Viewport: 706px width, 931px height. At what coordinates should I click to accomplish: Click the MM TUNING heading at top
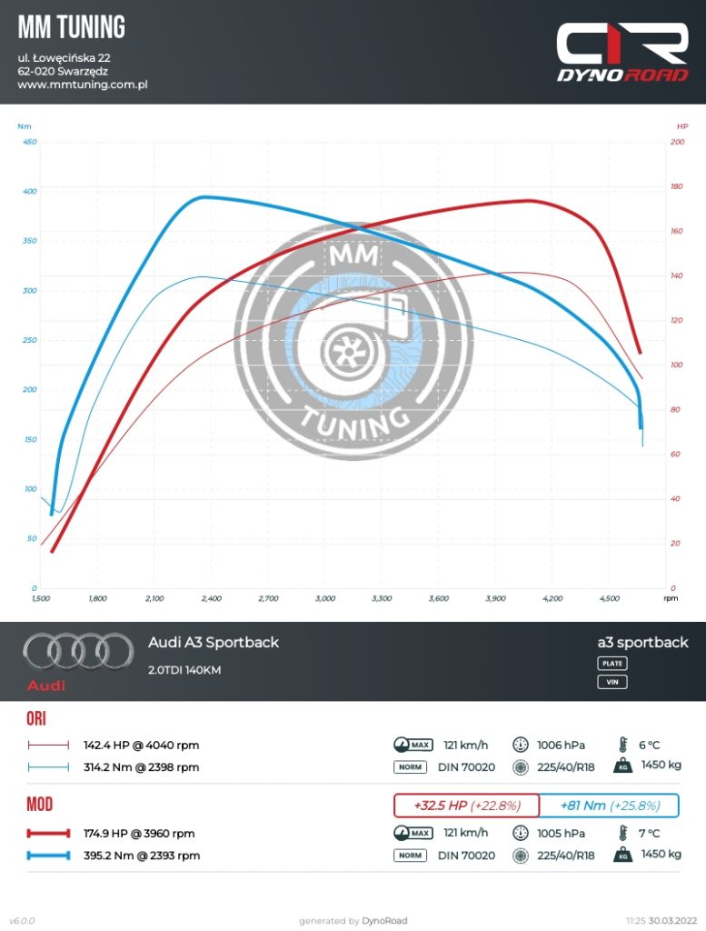pos(72,28)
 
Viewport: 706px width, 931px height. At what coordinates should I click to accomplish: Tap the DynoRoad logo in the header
pos(622,53)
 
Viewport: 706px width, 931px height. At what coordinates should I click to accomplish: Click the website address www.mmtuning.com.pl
pos(82,85)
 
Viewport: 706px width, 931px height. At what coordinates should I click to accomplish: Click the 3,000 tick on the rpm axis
pos(325,599)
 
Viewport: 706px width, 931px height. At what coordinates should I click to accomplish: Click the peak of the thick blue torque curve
pos(205,196)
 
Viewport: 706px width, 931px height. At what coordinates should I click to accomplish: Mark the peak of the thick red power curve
pos(527,200)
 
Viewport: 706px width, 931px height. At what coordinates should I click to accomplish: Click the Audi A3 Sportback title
pos(214,643)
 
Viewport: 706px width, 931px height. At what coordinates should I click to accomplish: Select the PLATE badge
pos(612,664)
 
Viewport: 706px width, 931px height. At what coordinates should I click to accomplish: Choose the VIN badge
pos(612,682)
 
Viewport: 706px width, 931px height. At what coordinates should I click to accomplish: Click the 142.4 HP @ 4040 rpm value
pos(141,746)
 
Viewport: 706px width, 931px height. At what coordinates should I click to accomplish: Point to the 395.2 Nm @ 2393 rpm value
pos(142,856)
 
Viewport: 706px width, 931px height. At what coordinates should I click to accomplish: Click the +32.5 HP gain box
pos(465,806)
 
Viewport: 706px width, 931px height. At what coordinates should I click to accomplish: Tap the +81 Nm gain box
pos(609,806)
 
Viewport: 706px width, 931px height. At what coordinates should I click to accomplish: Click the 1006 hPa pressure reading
pos(560,746)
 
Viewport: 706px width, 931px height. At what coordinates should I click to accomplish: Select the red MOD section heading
pos(40,806)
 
